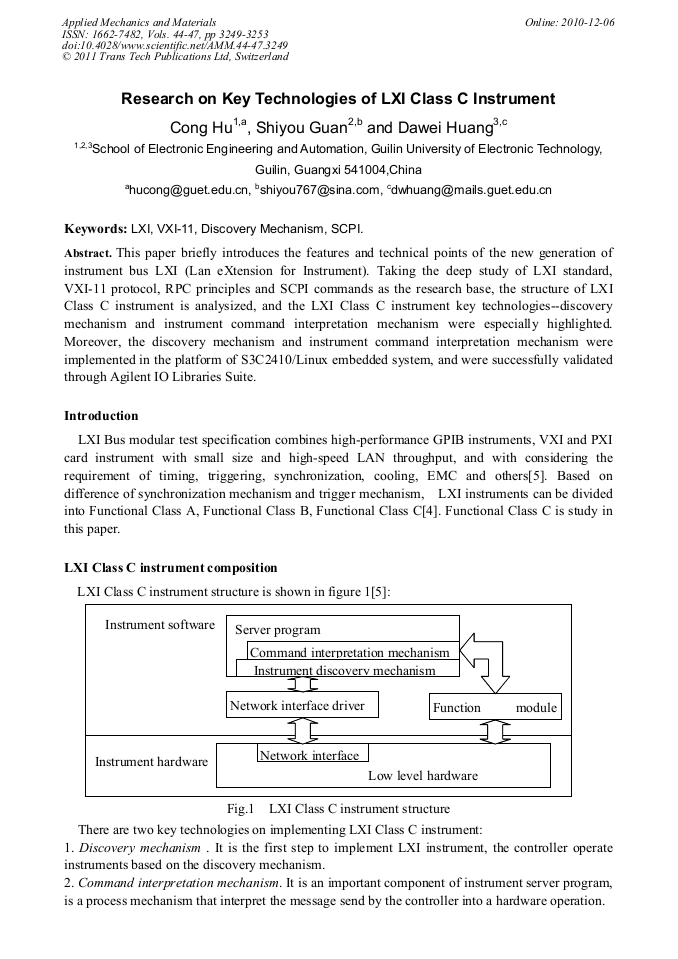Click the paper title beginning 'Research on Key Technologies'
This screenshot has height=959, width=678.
(338, 99)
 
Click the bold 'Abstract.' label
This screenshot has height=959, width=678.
(88, 253)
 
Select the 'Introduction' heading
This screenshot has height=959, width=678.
(101, 416)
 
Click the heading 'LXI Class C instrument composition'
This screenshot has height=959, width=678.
(170, 568)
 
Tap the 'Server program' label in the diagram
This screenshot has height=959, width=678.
(278, 630)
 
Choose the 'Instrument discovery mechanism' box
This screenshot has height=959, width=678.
(344, 670)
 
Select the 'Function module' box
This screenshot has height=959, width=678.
(495, 707)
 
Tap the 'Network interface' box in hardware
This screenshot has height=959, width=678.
(312, 755)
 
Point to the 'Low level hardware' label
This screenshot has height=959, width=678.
(423, 775)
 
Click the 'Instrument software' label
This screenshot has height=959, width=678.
(160, 625)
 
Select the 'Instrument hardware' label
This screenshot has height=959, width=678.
(151, 762)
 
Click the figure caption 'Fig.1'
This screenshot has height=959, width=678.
(241, 808)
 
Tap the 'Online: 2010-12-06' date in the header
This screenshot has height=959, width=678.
(570, 22)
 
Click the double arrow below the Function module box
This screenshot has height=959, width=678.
(495, 731)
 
